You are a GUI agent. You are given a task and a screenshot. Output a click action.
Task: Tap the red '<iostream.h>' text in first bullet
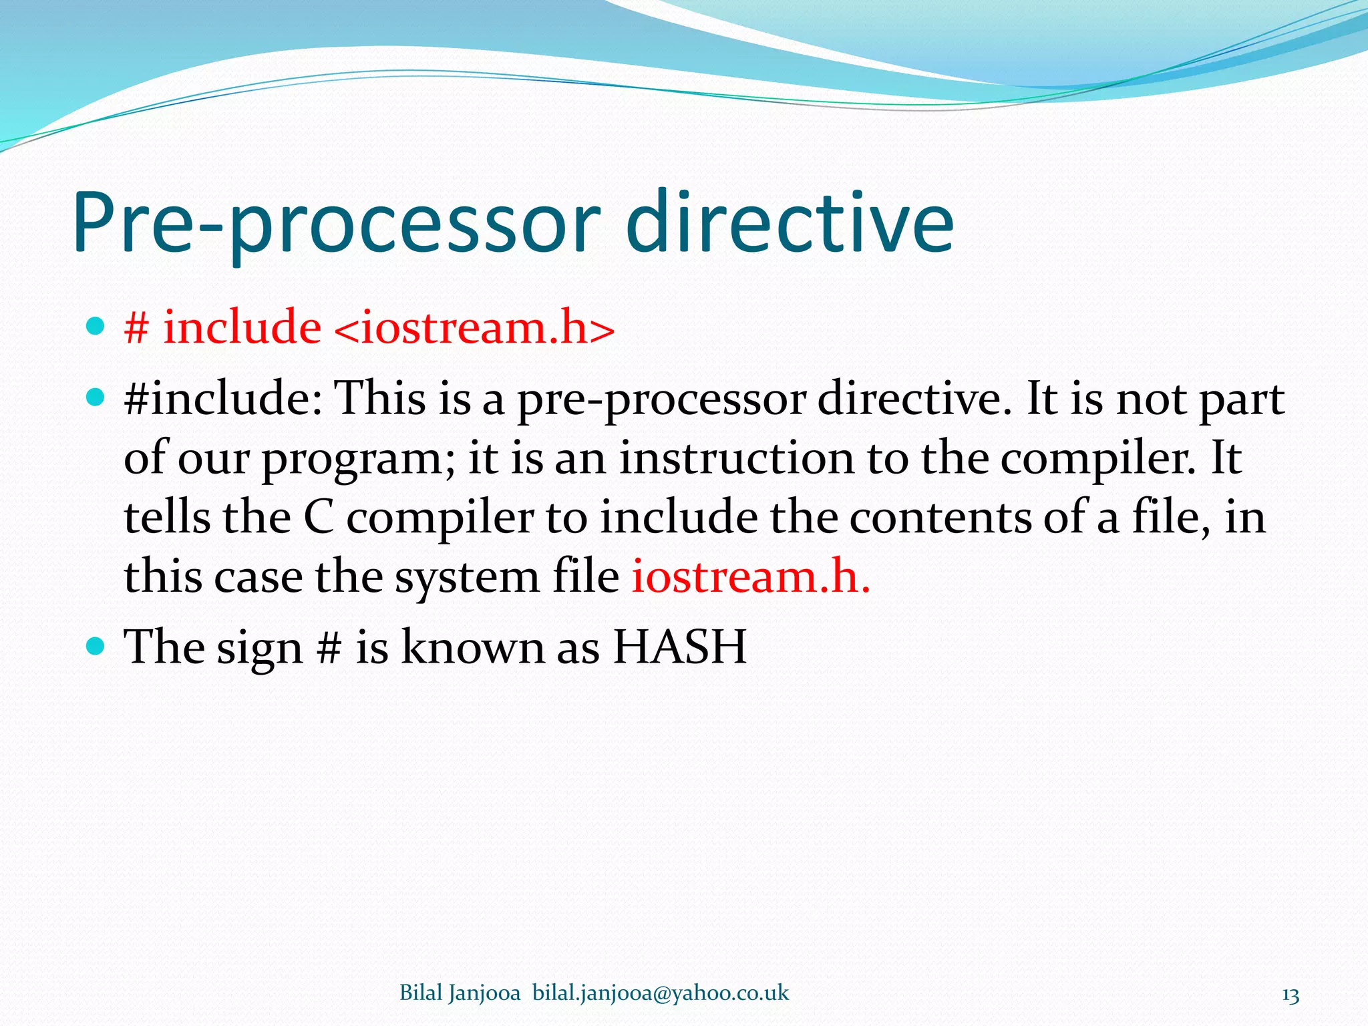point(472,328)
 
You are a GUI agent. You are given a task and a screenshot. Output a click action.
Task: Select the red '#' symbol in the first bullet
point(136,329)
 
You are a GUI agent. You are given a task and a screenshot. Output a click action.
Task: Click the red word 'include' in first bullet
point(242,328)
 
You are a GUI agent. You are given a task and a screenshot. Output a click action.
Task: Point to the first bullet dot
point(96,327)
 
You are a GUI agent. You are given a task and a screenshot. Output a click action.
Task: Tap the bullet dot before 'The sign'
point(96,646)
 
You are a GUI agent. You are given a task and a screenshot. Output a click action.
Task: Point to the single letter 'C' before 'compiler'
point(319,518)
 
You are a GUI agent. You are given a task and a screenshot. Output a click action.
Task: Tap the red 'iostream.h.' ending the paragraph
point(750,576)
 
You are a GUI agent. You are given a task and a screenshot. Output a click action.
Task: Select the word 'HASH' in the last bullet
point(679,647)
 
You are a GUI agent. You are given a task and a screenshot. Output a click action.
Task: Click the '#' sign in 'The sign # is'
point(328,647)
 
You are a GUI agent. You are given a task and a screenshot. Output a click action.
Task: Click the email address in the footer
point(660,993)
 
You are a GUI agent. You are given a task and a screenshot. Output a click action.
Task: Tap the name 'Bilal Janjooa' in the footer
point(460,993)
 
